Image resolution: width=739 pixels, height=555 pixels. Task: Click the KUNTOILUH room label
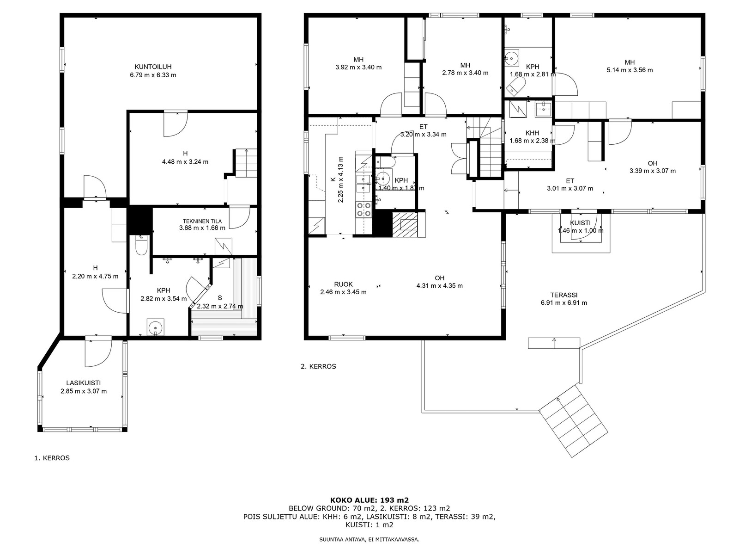point(153,67)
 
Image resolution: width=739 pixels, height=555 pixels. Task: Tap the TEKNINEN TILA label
point(202,221)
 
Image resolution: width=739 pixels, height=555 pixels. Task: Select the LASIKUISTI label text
point(84,383)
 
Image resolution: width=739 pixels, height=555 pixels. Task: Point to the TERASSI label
point(563,295)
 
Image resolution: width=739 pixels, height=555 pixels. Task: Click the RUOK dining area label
point(344,284)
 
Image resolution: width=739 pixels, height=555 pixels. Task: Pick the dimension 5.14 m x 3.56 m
point(630,70)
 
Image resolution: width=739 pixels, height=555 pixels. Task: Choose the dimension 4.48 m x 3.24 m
point(185,162)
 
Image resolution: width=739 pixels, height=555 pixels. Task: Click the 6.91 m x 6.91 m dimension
point(563,302)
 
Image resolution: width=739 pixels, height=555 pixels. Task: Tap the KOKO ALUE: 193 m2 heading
point(369,500)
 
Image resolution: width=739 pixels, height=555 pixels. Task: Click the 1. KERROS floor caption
point(52,458)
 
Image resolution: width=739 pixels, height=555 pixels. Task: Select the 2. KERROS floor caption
point(318,366)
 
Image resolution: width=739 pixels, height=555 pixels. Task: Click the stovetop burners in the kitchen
point(363,209)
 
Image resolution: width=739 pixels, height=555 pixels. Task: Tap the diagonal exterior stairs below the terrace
point(573,421)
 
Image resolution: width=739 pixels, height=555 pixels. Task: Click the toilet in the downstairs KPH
point(141,246)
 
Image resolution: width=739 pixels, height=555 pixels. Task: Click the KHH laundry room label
point(532,133)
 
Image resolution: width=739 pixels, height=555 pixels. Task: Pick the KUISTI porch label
point(581,223)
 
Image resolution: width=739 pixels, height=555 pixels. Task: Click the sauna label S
point(220,298)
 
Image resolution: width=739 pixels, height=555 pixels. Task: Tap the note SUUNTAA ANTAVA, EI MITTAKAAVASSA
point(369,539)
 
